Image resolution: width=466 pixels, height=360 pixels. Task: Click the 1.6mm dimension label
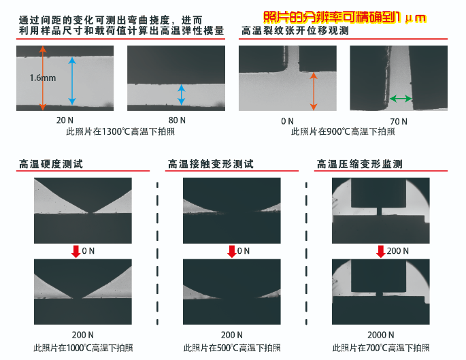42,78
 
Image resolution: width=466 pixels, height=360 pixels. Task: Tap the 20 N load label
65,120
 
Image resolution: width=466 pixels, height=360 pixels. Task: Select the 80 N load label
177,120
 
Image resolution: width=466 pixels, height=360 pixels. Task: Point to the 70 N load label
399,121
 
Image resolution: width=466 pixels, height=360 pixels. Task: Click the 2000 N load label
381,335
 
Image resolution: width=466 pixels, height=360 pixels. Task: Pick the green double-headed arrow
401,99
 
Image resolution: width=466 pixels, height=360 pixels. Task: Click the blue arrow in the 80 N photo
181,95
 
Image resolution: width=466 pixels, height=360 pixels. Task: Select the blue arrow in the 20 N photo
72,81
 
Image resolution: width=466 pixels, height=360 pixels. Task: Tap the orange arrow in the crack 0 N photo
314,91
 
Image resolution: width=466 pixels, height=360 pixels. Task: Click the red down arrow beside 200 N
381,252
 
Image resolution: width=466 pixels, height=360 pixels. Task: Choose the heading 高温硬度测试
51,164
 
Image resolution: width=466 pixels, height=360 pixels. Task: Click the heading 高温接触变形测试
211,164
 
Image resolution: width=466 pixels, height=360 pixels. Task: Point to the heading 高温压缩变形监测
360,164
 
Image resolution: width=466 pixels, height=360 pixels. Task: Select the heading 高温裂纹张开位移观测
295,31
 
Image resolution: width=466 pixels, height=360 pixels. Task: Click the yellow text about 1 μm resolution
345,18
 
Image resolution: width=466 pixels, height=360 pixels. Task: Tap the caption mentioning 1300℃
120,131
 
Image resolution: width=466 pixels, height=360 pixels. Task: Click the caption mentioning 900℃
343,131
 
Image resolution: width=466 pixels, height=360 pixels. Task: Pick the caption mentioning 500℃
232,348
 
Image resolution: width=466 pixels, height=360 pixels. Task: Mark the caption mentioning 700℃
381,348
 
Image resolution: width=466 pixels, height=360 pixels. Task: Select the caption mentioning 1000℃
83,348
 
